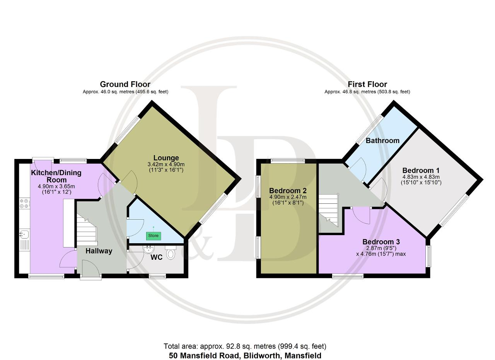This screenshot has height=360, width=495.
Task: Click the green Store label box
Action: [x=154, y=236]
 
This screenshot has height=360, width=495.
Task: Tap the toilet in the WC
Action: [x=171, y=252]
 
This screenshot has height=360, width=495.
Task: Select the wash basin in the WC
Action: [x=148, y=249]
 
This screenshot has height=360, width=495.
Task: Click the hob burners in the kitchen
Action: [x=24, y=203]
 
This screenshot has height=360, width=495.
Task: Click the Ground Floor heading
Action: [x=125, y=84]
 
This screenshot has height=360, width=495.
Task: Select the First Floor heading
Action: [x=367, y=84]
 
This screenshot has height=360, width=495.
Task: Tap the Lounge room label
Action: [x=166, y=158]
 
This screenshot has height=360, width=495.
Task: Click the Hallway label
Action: [x=99, y=251]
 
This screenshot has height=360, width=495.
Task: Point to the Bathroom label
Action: [x=382, y=140]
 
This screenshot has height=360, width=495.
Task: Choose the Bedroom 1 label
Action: [x=421, y=171]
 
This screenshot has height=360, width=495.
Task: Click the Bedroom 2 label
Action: [x=288, y=191]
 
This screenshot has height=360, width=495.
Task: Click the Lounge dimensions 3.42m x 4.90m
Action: [x=166, y=164]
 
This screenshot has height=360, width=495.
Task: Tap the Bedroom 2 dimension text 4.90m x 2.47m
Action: [x=288, y=197]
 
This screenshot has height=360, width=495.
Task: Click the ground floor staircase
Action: [x=87, y=229]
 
